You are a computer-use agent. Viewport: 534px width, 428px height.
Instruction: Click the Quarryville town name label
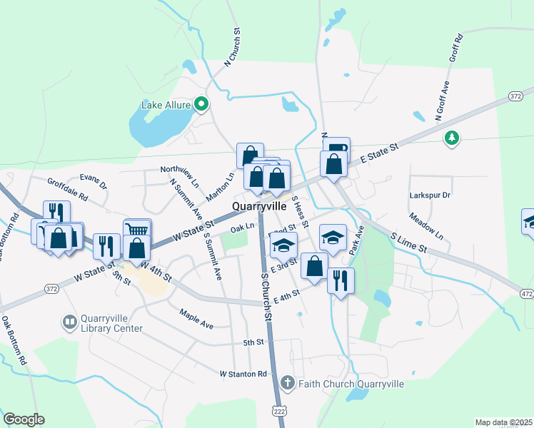point(258,206)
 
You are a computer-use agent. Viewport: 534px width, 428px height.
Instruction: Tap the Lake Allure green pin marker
point(201,104)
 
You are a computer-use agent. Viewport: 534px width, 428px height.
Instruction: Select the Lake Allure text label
point(166,105)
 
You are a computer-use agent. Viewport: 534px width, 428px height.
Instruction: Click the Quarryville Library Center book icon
point(70,323)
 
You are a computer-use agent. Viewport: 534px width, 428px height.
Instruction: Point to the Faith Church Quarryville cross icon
point(287,383)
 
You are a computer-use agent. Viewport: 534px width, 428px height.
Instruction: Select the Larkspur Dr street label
point(431,195)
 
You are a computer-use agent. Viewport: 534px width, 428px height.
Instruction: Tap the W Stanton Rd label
point(243,374)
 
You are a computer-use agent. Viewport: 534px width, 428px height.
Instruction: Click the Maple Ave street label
point(196,319)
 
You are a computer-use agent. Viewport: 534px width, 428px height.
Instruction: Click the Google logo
point(24,419)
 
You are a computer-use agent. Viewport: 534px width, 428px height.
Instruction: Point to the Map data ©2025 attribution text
point(503,422)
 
